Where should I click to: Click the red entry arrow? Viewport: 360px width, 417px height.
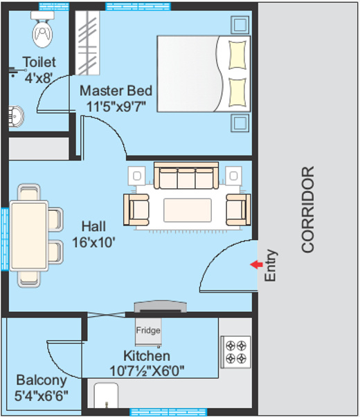click(x=256, y=264)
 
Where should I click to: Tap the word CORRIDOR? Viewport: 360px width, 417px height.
click(x=308, y=209)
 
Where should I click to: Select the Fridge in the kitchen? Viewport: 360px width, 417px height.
click(x=148, y=331)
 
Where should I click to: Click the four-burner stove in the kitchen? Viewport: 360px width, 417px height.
click(x=235, y=352)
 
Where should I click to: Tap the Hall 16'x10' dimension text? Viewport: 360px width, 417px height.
click(x=93, y=242)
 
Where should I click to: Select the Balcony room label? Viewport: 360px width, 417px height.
click(x=42, y=380)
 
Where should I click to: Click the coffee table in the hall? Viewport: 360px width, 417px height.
click(x=187, y=209)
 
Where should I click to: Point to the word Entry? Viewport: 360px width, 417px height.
click(x=271, y=265)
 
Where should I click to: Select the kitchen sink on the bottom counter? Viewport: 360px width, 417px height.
click(x=107, y=397)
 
